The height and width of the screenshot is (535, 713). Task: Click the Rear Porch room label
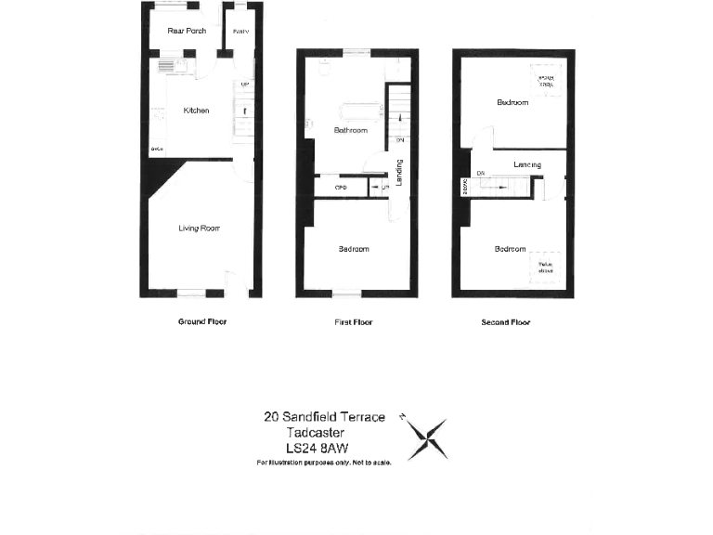[187, 31]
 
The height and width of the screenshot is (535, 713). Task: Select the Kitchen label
[196, 111]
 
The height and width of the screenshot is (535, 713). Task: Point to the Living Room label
[199, 228]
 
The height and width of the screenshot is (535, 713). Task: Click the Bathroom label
[350, 131]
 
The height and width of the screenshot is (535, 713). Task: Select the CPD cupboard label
[328, 189]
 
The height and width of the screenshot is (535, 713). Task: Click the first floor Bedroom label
[353, 249]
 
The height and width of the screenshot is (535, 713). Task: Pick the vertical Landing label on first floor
[398, 175]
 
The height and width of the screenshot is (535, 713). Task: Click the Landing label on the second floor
[527, 165]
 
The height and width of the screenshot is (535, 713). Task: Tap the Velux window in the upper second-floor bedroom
[543, 78]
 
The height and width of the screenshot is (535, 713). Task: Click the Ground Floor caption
[201, 322]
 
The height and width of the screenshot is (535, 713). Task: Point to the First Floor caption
[353, 322]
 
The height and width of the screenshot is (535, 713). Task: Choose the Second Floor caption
[505, 323]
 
